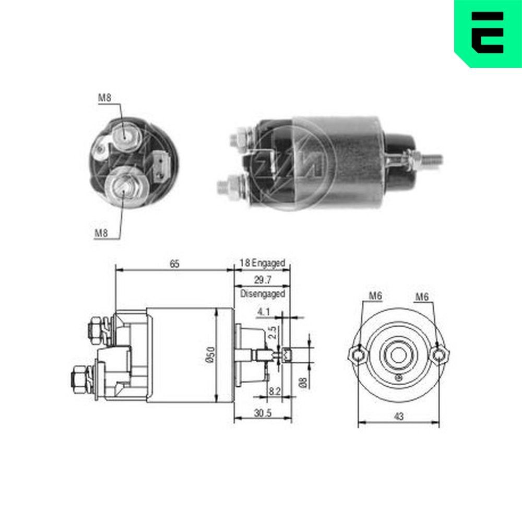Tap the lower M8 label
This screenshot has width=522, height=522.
pyautogui.click(x=101, y=233)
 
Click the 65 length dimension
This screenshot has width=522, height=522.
pyautogui.click(x=174, y=264)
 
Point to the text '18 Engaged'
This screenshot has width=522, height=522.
pyautogui.click(x=263, y=264)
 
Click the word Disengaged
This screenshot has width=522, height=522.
pyautogui.click(x=263, y=294)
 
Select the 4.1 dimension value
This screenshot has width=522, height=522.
pyautogui.click(x=263, y=312)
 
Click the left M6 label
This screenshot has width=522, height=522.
pyautogui.click(x=375, y=296)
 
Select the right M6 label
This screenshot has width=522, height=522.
pyautogui.click(x=422, y=296)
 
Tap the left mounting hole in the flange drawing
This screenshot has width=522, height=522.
pyautogui.click(x=357, y=355)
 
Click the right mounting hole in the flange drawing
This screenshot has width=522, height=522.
pyautogui.click(x=440, y=355)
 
